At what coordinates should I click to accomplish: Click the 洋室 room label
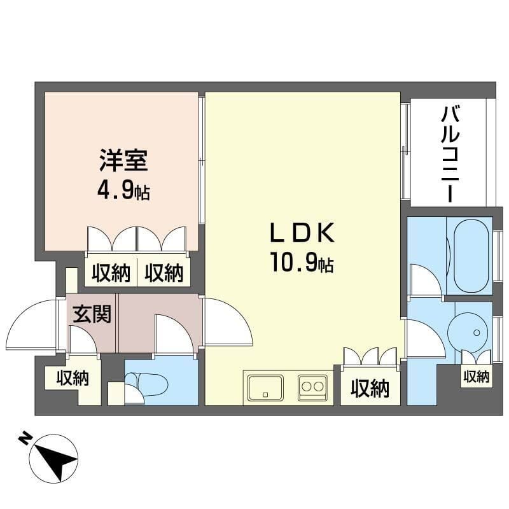(123, 160)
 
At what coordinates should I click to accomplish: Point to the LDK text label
(302, 233)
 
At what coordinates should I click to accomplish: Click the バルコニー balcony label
(450, 155)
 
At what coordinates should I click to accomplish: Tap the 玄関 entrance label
(92, 314)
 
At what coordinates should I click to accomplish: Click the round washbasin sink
(468, 332)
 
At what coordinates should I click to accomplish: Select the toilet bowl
(146, 385)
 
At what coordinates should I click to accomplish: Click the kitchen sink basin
(265, 387)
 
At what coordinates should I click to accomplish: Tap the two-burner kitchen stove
(313, 387)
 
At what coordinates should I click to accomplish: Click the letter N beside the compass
(24, 438)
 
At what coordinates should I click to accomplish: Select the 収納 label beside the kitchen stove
(370, 388)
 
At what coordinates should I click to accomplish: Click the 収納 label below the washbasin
(476, 377)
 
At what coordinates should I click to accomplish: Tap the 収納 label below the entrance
(73, 378)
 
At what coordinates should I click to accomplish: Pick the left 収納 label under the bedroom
(111, 273)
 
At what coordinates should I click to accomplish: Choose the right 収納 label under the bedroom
(164, 273)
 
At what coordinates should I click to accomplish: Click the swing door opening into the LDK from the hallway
(227, 321)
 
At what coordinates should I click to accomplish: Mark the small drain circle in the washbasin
(477, 332)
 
